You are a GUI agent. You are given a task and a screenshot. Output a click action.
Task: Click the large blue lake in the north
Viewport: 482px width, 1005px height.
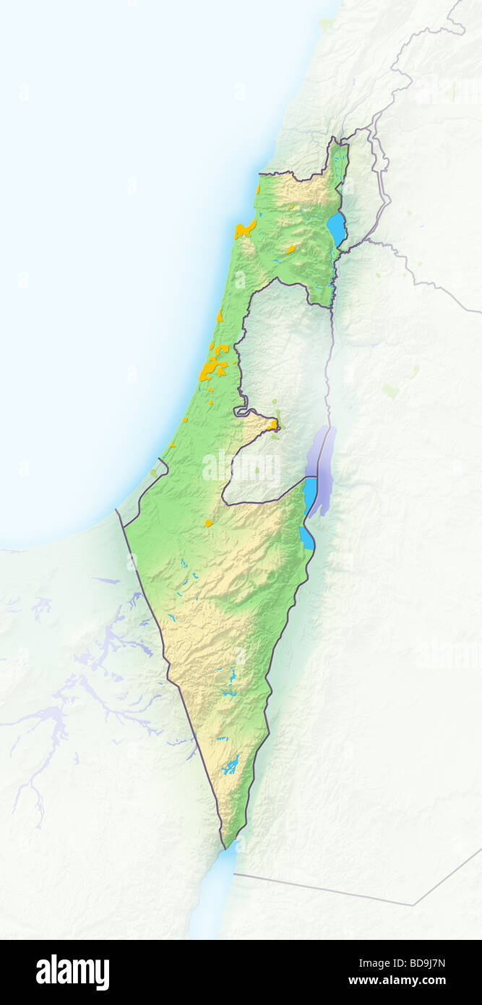337,228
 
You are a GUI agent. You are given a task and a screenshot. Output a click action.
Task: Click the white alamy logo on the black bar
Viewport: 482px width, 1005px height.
72,972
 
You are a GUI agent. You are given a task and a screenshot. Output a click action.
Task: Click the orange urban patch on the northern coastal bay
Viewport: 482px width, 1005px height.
245,230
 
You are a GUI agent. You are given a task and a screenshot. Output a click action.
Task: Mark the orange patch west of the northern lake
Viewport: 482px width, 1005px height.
290,249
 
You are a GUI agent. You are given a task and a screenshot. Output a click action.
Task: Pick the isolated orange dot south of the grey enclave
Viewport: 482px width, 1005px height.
208,523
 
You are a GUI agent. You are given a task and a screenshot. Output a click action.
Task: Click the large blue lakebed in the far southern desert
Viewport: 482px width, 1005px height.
231,765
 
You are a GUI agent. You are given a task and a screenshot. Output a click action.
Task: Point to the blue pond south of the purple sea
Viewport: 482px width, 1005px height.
306,539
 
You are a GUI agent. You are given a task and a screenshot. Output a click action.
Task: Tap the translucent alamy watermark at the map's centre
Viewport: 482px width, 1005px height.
241,469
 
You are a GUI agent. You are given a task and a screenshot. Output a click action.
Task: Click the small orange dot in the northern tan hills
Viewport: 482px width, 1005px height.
292,208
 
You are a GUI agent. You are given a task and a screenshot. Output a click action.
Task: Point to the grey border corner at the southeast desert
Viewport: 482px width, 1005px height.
414,904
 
